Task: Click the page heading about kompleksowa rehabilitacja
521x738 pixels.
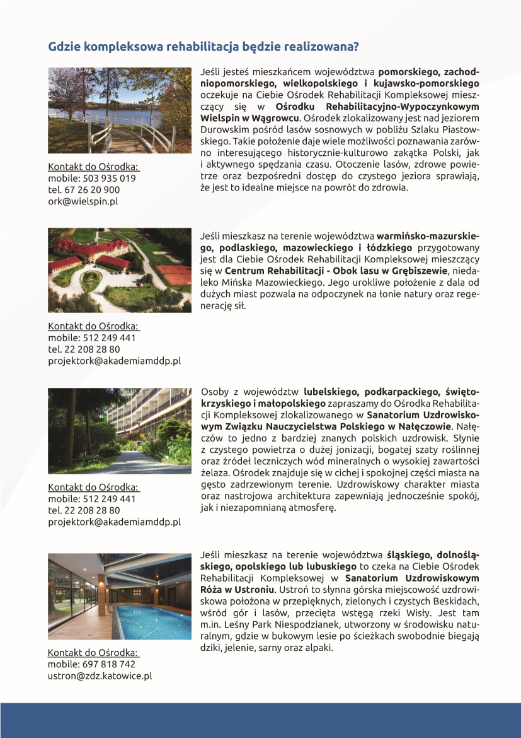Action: click(203, 47)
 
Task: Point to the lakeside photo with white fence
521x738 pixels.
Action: click(120, 110)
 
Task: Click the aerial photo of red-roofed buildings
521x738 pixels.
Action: click(120, 270)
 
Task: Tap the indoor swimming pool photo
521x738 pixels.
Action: click(120, 596)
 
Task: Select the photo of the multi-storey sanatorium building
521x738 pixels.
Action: click(120, 431)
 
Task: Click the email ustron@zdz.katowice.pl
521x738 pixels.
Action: click(100, 676)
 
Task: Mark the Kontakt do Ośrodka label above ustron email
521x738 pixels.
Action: click(93, 653)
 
